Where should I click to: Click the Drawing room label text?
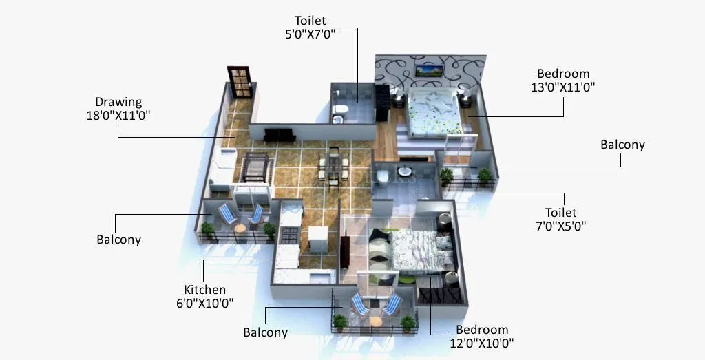coord(118,102)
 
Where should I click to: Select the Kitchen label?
coord(204,290)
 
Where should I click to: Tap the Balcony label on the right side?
coord(622,145)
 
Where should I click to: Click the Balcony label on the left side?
coord(118,240)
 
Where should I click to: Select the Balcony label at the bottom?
coord(265,332)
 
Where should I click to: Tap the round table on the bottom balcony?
coord(375,320)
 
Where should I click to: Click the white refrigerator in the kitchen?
coord(318,239)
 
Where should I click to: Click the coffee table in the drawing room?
coord(254,167)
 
